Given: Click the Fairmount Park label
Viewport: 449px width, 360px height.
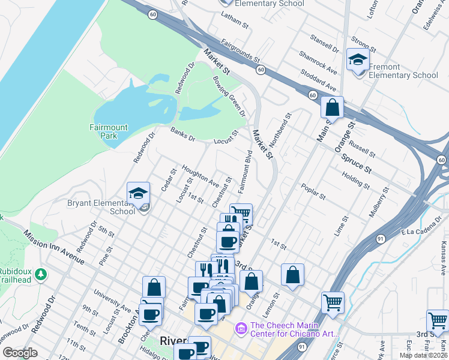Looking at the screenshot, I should point(109,131).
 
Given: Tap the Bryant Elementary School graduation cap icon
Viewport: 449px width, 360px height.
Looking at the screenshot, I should point(138,193).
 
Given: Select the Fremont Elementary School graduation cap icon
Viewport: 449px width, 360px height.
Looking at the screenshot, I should point(358,60).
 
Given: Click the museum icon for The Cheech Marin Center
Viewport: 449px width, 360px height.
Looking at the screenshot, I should point(241,328).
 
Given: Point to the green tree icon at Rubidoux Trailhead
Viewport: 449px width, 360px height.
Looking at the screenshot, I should point(41,274).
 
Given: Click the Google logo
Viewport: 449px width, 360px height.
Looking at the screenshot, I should point(20,353).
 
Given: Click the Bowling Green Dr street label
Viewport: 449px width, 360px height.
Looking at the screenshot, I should point(229,96).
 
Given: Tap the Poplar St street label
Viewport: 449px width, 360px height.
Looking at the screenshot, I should point(313,191).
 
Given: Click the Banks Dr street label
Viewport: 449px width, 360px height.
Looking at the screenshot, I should point(182,134).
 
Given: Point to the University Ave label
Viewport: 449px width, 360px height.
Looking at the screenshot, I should point(112,300).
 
